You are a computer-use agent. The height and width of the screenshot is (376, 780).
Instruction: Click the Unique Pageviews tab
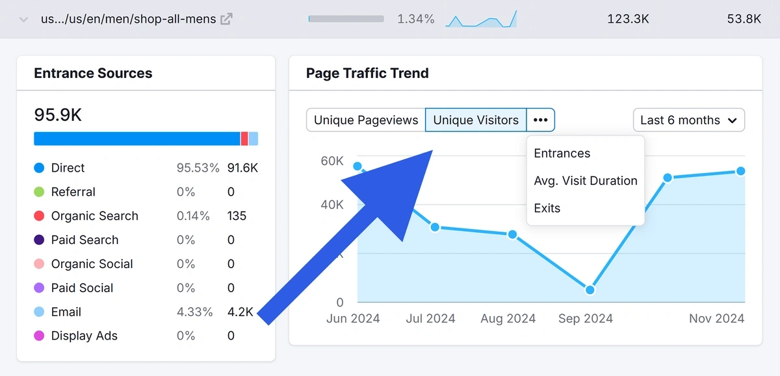365,120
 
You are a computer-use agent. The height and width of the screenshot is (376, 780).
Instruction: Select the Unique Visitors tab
476,120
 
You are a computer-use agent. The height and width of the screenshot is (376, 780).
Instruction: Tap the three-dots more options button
541,120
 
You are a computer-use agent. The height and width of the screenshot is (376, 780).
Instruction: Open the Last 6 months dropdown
688,120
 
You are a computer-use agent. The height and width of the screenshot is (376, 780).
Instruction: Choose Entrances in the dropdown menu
562,154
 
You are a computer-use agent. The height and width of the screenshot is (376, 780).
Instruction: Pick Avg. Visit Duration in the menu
586,181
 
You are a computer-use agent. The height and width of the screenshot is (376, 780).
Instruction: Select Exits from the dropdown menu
547,208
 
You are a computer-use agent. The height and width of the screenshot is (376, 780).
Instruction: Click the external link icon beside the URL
226,19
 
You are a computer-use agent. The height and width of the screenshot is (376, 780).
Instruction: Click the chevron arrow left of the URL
24,20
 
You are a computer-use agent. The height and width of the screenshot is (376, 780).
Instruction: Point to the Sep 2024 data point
590,289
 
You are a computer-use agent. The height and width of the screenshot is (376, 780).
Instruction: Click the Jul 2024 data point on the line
435,227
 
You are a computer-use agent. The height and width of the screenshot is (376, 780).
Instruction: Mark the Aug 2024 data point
512,234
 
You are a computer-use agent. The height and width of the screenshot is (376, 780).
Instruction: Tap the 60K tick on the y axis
331,161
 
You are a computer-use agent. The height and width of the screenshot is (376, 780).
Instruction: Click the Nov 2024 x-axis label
717,319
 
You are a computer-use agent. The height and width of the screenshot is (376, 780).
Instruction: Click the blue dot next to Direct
39,168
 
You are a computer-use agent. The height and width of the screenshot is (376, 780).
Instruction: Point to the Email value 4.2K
240,312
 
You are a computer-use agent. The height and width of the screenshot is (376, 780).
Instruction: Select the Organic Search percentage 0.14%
193,216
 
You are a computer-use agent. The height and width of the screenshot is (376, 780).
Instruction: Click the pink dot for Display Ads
39,336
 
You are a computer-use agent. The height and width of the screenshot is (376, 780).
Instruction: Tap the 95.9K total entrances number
58,115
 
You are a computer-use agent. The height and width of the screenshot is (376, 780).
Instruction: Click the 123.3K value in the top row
628,19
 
